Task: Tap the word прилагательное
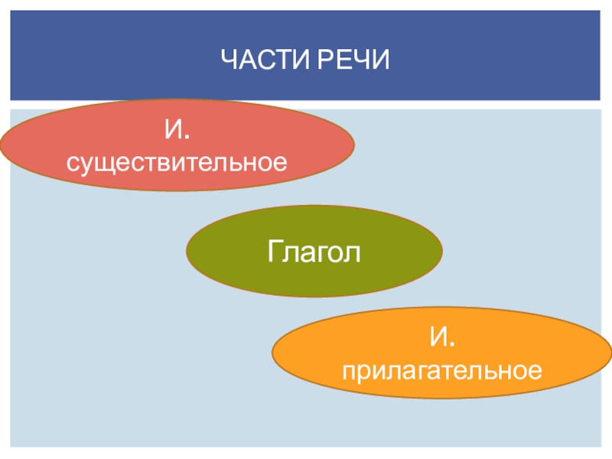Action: point(442,370)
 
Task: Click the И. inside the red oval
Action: point(177,130)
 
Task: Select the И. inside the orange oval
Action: point(443,337)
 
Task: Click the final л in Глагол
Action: point(353,252)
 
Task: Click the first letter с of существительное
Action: point(72,164)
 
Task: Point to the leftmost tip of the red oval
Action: point(2,145)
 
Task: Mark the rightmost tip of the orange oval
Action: point(610,353)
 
